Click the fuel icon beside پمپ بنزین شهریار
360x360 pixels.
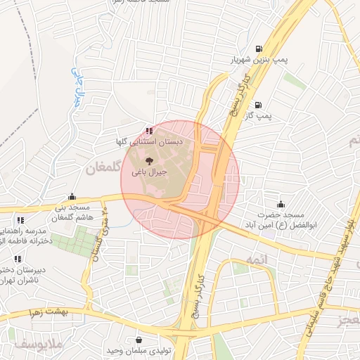pyautogui.click(x=259, y=49)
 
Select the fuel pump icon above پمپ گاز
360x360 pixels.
pyautogui.click(x=259, y=104)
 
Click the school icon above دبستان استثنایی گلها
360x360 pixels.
pyautogui.click(x=148, y=131)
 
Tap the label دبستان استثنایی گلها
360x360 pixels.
pyautogui.click(x=148, y=142)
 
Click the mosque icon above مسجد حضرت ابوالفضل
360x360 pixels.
pyautogui.click(x=282, y=203)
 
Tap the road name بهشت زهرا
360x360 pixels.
pyautogui.click(x=47, y=310)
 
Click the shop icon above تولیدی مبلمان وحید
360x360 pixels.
pyautogui.click(x=139, y=340)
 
